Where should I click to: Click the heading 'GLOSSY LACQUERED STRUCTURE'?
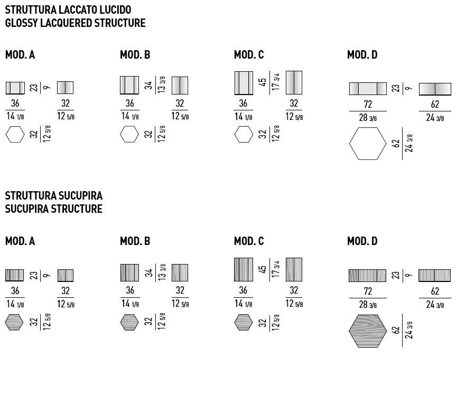tap(75, 23)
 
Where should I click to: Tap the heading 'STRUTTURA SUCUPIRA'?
tap(53, 196)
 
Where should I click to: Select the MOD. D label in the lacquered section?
tap(362, 55)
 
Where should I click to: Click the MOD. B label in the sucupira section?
tap(135, 241)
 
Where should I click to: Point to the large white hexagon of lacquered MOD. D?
tap(368, 143)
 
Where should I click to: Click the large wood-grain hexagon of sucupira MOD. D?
tap(368, 331)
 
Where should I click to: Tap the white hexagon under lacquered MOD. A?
tap(15, 135)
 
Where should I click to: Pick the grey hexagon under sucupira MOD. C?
tap(244, 322)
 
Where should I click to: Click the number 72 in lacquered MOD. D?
tap(368, 105)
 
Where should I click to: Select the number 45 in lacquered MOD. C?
tap(263, 82)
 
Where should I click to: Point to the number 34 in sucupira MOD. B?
tap(149, 272)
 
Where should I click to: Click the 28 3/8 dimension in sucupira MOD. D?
tap(368, 305)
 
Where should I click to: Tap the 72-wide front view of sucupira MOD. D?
tap(368, 275)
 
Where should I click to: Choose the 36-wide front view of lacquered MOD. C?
tap(244, 83)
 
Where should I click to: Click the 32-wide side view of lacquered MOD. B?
tap(180, 85)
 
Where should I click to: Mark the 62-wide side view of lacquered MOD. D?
tap(435, 89)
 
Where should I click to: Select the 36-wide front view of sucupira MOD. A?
tap(15, 275)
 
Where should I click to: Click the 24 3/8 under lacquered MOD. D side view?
tap(435, 118)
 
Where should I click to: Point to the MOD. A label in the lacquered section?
tap(20, 55)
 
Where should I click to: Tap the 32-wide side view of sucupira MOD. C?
tap(294, 269)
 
